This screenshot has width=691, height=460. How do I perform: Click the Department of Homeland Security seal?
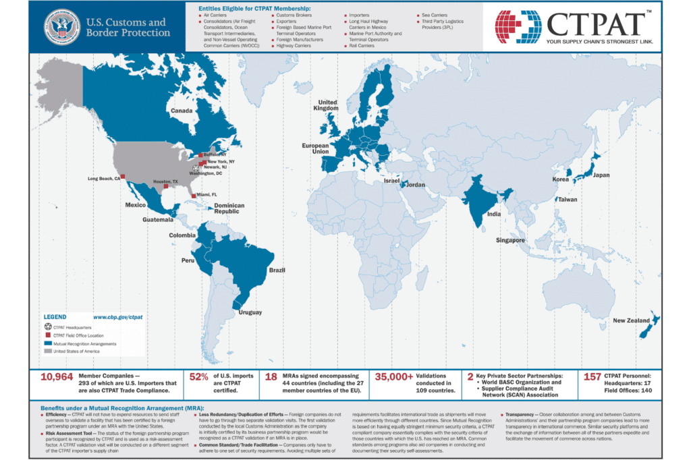(x=62, y=27)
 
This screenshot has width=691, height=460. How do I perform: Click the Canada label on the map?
(x=182, y=111)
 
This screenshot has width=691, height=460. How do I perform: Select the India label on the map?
(x=494, y=214)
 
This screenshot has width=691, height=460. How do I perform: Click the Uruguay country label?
(x=247, y=312)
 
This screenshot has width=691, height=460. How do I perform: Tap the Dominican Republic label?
(x=229, y=208)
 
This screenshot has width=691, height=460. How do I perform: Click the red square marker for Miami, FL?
(x=193, y=196)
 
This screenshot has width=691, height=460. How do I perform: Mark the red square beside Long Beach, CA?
(x=123, y=177)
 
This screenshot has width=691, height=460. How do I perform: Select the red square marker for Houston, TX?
(x=166, y=186)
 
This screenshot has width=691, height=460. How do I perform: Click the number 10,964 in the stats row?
(x=57, y=378)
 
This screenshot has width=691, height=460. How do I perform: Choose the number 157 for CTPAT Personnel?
(x=592, y=378)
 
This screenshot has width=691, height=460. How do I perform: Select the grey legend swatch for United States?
(x=47, y=351)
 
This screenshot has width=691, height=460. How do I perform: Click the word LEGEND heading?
(x=55, y=316)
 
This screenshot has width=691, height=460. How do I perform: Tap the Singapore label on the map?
(x=510, y=240)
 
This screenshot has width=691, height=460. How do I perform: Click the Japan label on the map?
(x=601, y=175)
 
